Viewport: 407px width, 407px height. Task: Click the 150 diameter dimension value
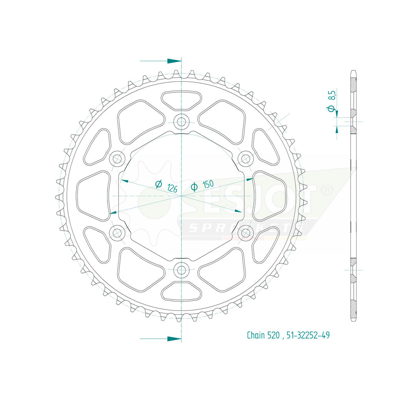(x=208, y=185)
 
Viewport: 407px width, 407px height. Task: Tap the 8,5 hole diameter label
(x=332, y=96)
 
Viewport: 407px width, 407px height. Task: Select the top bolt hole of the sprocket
(x=181, y=121)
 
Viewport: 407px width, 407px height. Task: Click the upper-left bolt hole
(x=118, y=158)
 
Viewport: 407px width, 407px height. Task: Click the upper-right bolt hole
(x=245, y=158)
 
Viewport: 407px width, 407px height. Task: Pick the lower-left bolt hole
(x=118, y=233)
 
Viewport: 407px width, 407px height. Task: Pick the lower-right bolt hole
(x=245, y=233)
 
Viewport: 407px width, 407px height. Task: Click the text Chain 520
(x=263, y=336)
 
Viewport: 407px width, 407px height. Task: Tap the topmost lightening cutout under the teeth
(x=181, y=100)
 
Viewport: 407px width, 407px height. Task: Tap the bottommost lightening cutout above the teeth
(x=181, y=291)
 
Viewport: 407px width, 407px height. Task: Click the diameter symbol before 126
(x=159, y=184)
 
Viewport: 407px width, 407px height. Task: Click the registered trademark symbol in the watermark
(x=328, y=190)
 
